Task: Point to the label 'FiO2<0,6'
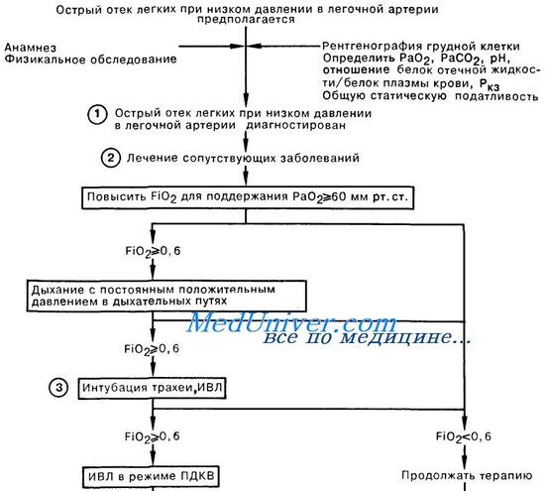click(464, 437)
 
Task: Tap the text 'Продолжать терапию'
click(467, 475)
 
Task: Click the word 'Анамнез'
click(31, 48)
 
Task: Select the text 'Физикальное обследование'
click(90, 60)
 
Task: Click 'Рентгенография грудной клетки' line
click(421, 47)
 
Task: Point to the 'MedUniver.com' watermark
click(291, 323)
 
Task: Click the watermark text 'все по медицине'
click(367, 337)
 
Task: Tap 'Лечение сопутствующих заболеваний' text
click(243, 158)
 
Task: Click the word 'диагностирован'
click(296, 125)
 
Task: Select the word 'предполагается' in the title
click(246, 20)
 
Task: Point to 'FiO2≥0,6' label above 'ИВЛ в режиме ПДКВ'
click(153, 437)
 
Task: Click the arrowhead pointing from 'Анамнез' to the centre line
click(238, 46)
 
